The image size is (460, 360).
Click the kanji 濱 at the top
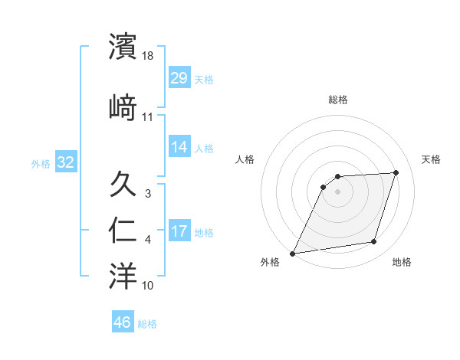coord(123,47)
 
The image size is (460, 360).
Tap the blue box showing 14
coord(179,147)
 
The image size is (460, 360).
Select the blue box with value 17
coord(179,231)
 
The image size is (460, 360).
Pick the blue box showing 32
coord(65,162)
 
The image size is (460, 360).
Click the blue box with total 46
coord(123,322)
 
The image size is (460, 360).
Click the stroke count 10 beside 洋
coord(148,286)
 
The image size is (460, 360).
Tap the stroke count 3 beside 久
coord(148,194)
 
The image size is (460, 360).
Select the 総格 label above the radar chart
coord(337,100)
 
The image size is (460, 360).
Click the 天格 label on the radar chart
coord(431,159)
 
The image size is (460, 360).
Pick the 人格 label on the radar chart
coord(245,159)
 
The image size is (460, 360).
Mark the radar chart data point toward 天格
coord(396,172)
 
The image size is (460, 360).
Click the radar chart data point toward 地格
coord(374,242)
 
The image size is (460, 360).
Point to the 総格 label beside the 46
coord(147,324)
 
